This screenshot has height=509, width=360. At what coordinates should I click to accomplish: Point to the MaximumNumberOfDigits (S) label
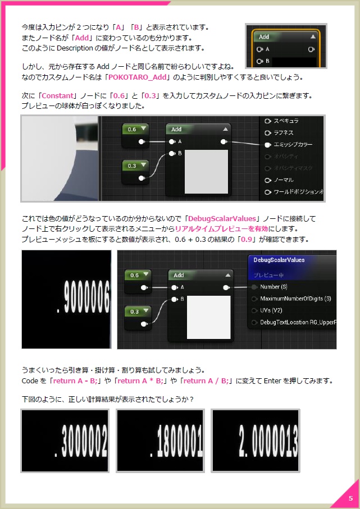pyautogui.click(x=295, y=299)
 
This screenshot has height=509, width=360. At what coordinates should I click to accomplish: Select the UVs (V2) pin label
pyautogui.click(x=272, y=310)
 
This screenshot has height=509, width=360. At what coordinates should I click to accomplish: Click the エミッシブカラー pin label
pyautogui.click(x=293, y=145)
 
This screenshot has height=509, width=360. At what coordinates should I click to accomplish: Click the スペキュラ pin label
pyautogui.click(x=286, y=121)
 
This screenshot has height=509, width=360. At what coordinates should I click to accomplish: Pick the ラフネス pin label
pyautogui.click(x=284, y=133)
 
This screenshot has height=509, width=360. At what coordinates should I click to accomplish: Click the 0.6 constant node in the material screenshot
pyautogui.click(x=135, y=130)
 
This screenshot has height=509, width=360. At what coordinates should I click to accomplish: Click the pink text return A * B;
pyautogui.click(x=136, y=381)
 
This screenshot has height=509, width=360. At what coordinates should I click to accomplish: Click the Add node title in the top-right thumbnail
pyautogui.click(x=265, y=36)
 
